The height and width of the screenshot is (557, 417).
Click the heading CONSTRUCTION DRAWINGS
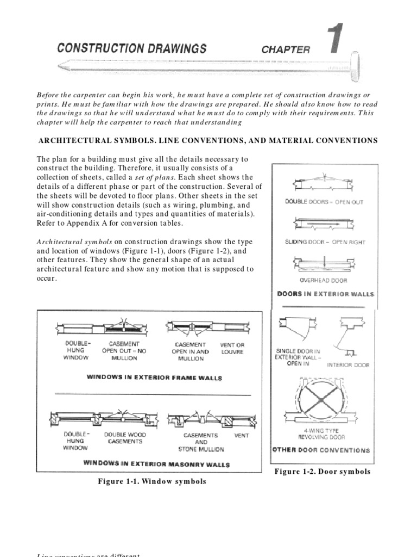[132, 48]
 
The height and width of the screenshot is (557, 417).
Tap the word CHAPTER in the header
[286, 49]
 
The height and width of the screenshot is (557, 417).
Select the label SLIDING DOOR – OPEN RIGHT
[325, 242]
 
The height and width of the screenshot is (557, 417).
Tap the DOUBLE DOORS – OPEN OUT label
[324, 202]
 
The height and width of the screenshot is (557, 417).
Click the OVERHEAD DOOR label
[324, 281]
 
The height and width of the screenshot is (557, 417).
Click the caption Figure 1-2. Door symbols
[323, 472]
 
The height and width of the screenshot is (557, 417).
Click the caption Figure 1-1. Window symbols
[151, 481]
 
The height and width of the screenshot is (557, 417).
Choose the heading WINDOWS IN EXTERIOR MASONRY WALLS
[156, 465]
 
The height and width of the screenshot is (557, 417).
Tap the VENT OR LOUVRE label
[232, 348]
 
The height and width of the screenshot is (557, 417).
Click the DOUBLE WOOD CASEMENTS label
[124, 438]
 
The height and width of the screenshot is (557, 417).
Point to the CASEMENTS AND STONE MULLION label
[200, 442]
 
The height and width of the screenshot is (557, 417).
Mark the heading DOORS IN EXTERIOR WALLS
[325, 294]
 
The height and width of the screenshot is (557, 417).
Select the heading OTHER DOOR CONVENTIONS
[320, 450]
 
